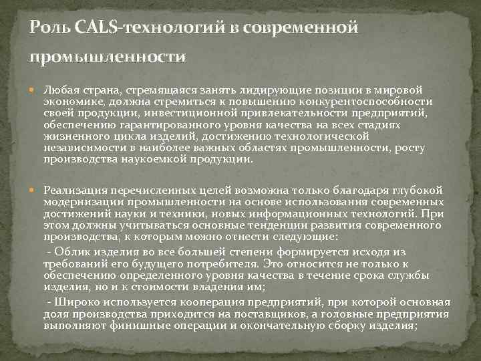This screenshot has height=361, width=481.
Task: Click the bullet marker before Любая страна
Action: coord(35,90)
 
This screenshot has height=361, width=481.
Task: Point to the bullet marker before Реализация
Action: coord(35,191)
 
